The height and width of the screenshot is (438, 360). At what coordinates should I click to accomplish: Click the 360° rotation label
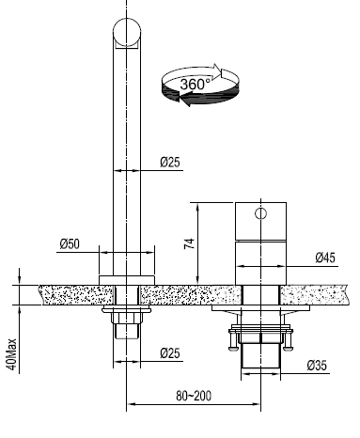coord(195,85)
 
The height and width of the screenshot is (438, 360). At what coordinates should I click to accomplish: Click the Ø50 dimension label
coord(70,243)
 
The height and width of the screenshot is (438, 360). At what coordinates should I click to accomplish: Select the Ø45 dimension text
coord(325,258)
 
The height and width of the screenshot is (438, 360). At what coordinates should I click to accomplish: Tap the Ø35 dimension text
coord(317,366)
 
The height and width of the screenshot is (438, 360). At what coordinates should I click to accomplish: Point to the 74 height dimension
coord(189,243)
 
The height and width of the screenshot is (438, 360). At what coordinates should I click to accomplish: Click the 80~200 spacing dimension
coord(194,396)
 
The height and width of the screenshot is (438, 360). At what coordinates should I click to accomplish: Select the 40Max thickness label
coord(12,353)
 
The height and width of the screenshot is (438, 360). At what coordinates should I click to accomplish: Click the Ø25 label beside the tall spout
coord(170,163)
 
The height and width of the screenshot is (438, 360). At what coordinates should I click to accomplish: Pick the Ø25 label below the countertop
coord(170,353)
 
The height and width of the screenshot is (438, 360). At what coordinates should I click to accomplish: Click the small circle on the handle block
coord(260,213)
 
